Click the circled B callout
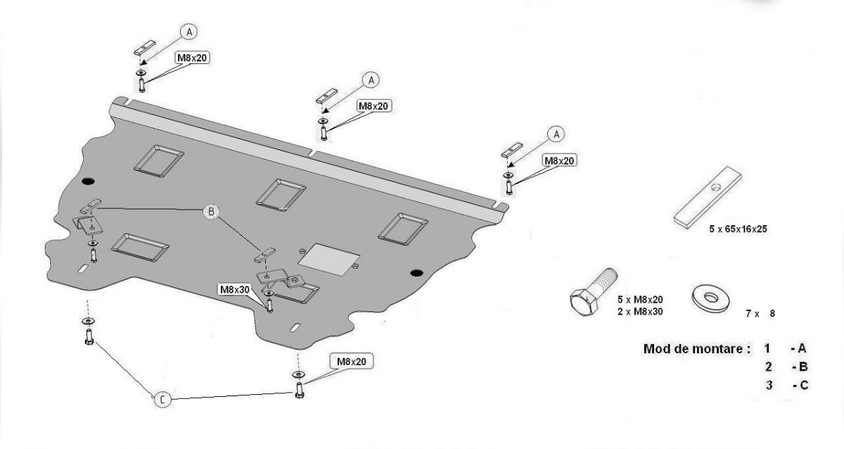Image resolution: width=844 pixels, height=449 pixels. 210,210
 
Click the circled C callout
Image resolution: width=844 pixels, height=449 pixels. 162,400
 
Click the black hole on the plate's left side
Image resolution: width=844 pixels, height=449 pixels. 88,182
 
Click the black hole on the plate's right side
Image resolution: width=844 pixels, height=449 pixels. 416,272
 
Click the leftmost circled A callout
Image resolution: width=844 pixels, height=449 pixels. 188,31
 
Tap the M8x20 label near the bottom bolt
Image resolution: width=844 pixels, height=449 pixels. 351,362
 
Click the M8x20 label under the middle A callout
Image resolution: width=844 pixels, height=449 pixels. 373,106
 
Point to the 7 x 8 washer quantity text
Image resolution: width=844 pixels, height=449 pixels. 760,313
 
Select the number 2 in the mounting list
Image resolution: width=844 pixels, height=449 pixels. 769,367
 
